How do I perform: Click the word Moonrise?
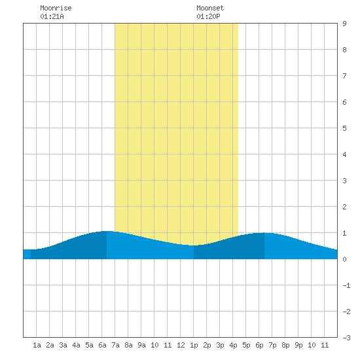click(56, 8)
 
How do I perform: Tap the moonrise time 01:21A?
click(52, 16)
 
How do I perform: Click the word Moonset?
click(210, 8)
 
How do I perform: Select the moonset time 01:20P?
click(208, 16)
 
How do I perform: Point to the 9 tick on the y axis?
click(344, 24)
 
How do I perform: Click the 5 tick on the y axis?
click(344, 128)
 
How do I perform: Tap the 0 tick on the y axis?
click(344, 259)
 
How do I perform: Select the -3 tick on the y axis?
click(346, 338)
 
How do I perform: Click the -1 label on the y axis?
click(346, 285)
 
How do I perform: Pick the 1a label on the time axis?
click(37, 345)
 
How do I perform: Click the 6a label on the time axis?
click(102, 345)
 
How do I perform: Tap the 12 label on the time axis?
click(181, 345)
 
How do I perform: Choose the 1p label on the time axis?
click(194, 345)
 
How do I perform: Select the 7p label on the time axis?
click(272, 345)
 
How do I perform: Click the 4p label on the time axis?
click(233, 345)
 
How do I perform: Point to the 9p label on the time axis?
click(298, 345)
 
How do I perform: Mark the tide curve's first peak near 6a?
click(107, 231)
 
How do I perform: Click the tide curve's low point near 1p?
click(194, 245)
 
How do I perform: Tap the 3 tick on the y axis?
click(344, 181)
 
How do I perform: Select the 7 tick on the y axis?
click(344, 76)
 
